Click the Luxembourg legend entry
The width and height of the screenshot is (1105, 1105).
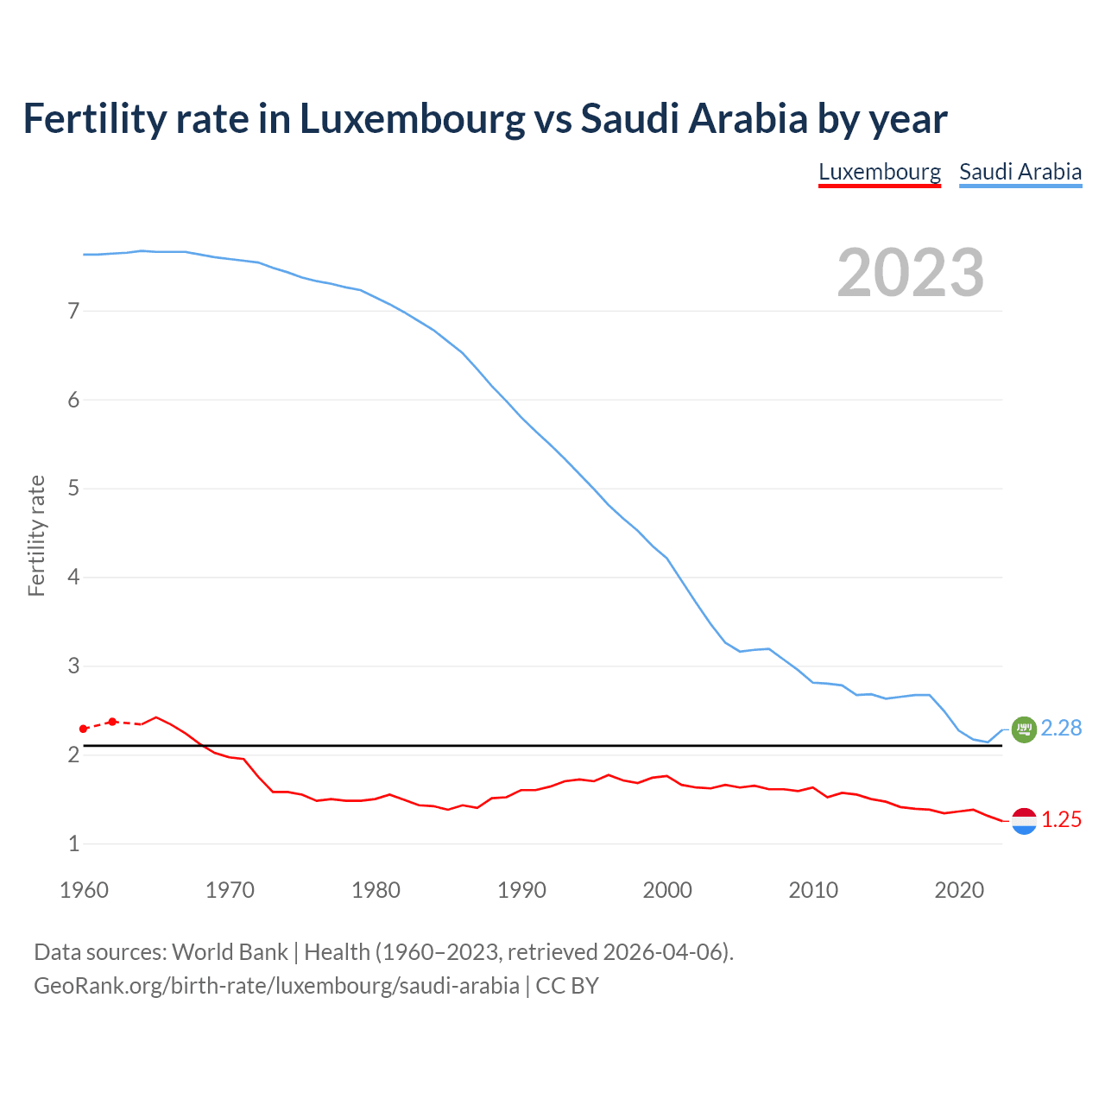[880, 172]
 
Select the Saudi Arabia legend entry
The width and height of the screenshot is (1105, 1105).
[1020, 172]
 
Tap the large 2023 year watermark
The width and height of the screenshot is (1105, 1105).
[911, 273]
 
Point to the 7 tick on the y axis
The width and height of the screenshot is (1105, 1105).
[73, 311]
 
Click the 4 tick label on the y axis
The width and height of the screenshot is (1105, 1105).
[73, 577]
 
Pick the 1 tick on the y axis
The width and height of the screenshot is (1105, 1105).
[73, 843]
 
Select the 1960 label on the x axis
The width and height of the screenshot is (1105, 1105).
[84, 890]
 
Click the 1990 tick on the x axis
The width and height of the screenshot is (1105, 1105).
[521, 890]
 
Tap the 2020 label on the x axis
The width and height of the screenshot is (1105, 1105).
[959, 890]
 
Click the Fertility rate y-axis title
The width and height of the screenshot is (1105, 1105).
[36, 535]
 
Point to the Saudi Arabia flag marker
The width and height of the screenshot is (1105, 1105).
[1024, 729]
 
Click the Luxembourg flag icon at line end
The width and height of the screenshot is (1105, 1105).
[1024, 821]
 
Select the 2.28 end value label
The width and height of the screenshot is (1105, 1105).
[1061, 729]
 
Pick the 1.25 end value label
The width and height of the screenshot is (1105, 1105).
[1061, 820]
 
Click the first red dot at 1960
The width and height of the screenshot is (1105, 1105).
[84, 729]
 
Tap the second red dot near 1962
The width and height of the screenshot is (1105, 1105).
[112, 722]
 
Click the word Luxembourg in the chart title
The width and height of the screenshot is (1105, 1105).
[412, 118]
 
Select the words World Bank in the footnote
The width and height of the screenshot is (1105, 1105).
[230, 952]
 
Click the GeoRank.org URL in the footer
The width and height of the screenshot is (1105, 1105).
[276, 986]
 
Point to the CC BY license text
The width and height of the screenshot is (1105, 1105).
[567, 986]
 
